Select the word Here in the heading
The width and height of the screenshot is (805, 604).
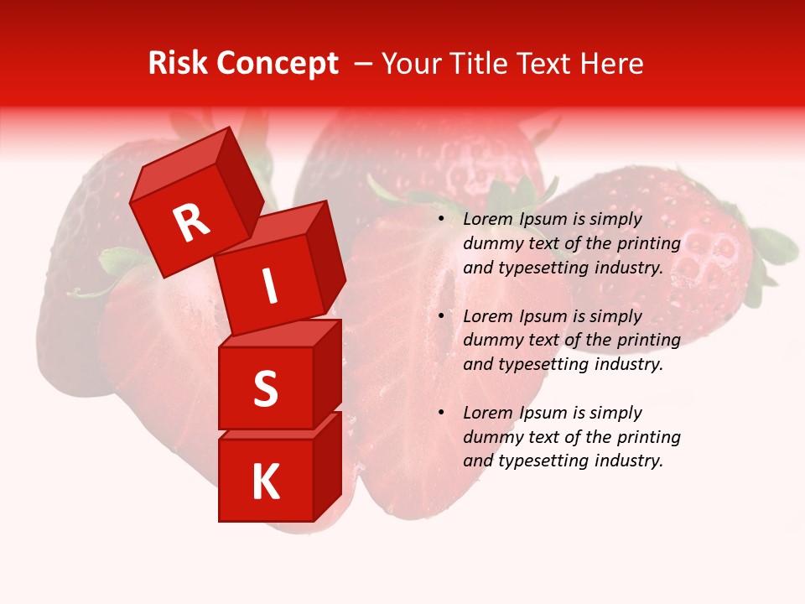click(x=612, y=64)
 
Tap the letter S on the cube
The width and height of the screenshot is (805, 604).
click(x=265, y=388)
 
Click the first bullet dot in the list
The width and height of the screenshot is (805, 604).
click(x=440, y=220)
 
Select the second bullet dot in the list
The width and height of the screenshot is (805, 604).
click(x=440, y=317)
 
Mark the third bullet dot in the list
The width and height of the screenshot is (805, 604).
click(x=440, y=414)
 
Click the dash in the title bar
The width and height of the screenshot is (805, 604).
click(x=363, y=64)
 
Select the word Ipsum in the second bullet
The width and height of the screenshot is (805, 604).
click(x=541, y=316)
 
